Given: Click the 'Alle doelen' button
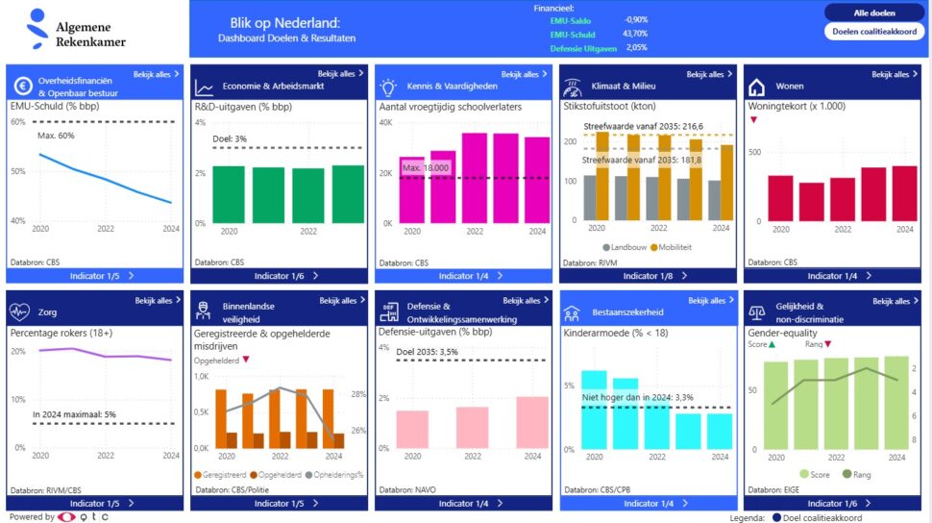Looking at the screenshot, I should (x=874, y=12).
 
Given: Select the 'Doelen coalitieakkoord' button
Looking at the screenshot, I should (x=874, y=31).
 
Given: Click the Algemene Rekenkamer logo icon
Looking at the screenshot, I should (x=37, y=28).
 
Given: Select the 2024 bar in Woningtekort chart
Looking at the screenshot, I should (x=904, y=194).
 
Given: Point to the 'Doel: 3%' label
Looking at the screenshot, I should (x=229, y=138).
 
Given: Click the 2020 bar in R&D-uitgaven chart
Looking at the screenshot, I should (x=228, y=194).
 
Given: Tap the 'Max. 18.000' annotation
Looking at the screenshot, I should (x=426, y=169).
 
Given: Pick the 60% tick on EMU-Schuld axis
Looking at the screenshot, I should (x=18, y=122).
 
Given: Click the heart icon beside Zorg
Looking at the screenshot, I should (x=20, y=311).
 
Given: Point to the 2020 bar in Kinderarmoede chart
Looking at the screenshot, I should (x=594, y=409).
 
